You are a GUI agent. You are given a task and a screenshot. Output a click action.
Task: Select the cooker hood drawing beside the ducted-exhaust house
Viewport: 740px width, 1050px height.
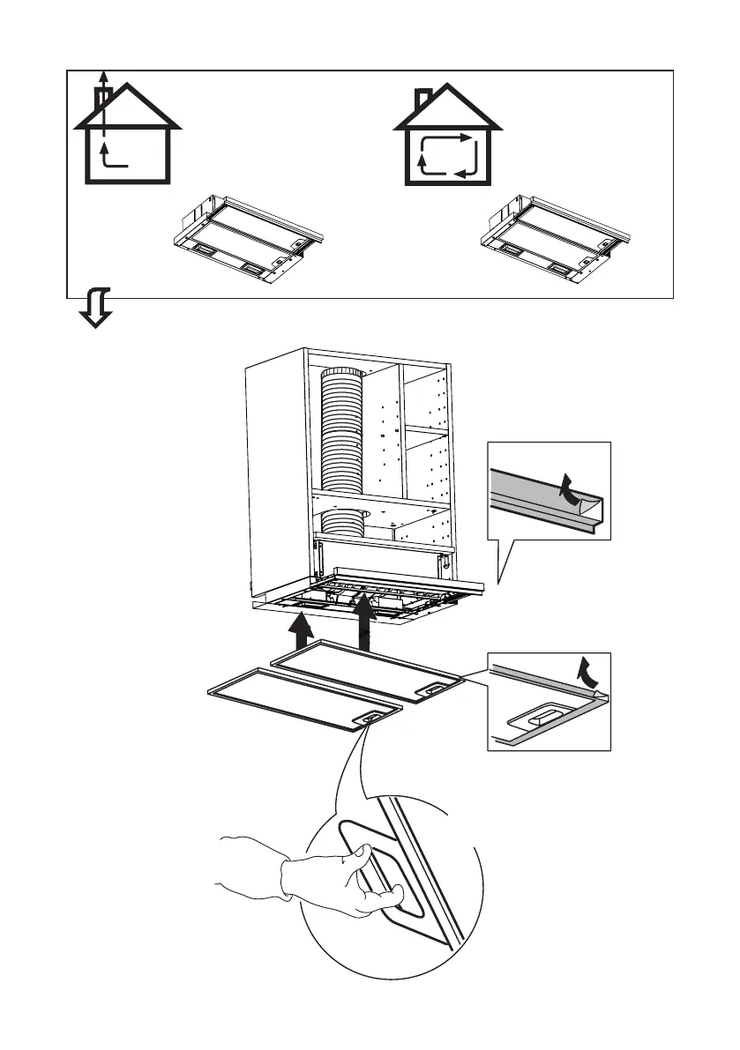(246, 237)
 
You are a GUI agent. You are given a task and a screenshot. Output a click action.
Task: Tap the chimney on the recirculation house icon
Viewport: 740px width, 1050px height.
(424, 95)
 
